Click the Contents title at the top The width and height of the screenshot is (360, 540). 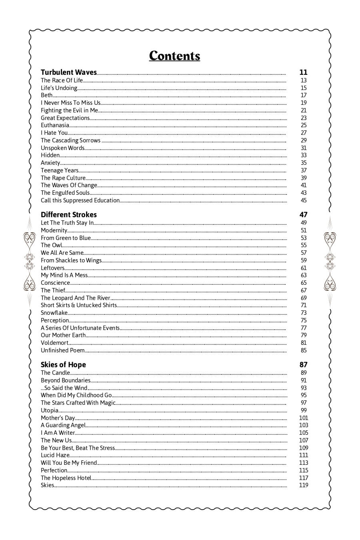[174, 56]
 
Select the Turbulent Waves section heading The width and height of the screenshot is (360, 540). [69, 72]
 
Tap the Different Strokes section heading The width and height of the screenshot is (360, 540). [69, 215]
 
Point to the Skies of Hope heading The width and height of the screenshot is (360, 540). [63, 365]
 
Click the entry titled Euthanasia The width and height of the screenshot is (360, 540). [55, 125]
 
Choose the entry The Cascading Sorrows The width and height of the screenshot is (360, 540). [70, 140]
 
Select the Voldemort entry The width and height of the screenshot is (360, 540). [54, 343]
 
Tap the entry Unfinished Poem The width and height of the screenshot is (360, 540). [63, 350]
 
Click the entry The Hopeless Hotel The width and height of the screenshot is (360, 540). [66, 478]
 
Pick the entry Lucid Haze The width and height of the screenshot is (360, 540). [55, 455]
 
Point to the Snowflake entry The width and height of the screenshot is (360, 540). [54, 313]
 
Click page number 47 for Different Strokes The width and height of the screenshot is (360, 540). [303, 215]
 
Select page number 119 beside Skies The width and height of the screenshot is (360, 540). [304, 485]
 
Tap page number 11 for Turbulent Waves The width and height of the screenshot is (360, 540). [303, 72]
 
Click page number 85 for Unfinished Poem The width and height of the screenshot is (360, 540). [304, 350]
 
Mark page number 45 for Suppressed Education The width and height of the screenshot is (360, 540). [304, 200]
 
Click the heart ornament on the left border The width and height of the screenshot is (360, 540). [30, 240]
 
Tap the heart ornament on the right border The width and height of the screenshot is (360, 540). [330, 240]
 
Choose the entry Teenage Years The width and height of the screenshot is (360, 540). [60, 170]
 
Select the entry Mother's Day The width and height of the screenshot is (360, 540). [58, 418]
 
